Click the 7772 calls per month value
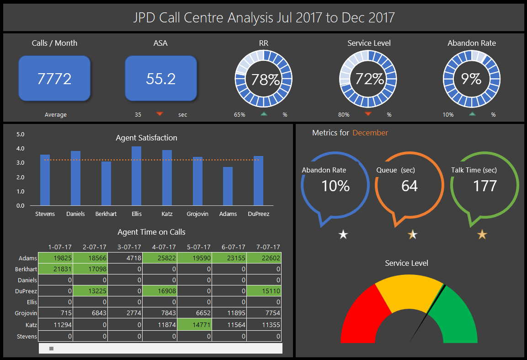pos(54,79)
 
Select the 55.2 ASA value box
pos(161,79)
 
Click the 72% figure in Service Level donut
pos(369,79)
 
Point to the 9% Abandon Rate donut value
pos(471,79)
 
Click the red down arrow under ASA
pos(160,114)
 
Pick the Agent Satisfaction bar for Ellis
pos(136,176)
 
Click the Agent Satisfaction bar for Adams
pos(228,186)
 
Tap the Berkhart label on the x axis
pos(106,214)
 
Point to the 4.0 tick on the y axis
pos(20,149)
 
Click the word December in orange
pos(370,133)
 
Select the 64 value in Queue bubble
pos(410,186)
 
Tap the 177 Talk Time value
pos(484,186)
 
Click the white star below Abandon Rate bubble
pos(343,235)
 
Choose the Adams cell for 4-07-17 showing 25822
pos(160,258)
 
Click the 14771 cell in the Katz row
pos(195,325)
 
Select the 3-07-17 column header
pos(130,247)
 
